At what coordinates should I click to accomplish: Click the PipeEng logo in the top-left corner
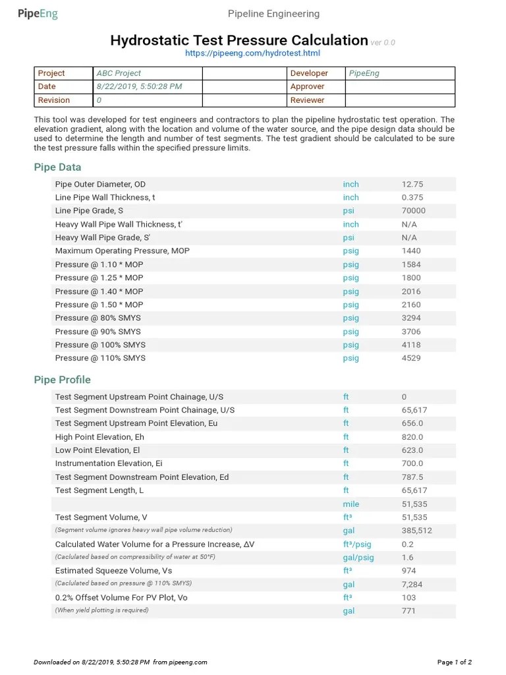click(38, 14)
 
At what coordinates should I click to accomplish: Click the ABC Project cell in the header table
click(119, 73)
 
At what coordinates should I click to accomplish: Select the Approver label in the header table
click(307, 86)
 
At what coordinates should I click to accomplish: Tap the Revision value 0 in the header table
click(99, 100)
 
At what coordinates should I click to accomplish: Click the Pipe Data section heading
click(57, 167)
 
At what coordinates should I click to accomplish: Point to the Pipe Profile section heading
click(62, 380)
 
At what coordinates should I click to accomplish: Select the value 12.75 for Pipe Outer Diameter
click(412, 185)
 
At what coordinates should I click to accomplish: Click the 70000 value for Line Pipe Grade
click(413, 211)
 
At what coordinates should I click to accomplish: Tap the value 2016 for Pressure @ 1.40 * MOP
click(410, 291)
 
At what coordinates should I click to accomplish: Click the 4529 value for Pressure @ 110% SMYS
click(410, 358)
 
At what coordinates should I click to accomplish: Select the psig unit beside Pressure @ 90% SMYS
click(351, 332)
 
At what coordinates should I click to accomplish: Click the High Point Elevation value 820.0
click(412, 437)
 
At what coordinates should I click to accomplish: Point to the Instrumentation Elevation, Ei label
click(109, 463)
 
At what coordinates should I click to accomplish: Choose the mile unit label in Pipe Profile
click(351, 504)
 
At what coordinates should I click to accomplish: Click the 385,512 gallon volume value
click(417, 531)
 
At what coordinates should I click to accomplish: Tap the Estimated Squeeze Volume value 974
click(408, 571)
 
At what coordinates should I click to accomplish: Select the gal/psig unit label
click(358, 557)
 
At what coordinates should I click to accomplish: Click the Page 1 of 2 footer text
click(455, 662)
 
